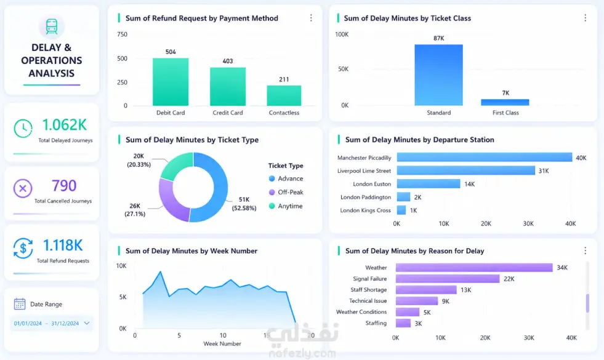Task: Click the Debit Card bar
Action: point(171,82)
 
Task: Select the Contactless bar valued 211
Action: point(284,95)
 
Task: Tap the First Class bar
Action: point(505,102)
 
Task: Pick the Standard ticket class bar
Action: point(439,75)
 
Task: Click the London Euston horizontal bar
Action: point(429,183)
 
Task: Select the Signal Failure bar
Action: point(448,278)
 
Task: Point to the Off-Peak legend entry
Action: point(286,192)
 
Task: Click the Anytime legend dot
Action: point(272,206)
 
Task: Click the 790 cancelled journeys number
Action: point(64,186)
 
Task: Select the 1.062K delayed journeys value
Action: point(64,125)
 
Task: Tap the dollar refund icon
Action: point(23,248)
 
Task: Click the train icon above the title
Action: point(52,26)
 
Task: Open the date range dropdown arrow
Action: point(87,323)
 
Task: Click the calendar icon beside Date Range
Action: point(20,304)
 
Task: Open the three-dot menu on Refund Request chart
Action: point(311,18)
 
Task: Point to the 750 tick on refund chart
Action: point(122,34)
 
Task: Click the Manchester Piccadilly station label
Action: point(364,158)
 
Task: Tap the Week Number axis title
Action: point(222,343)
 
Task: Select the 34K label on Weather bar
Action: point(562,268)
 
